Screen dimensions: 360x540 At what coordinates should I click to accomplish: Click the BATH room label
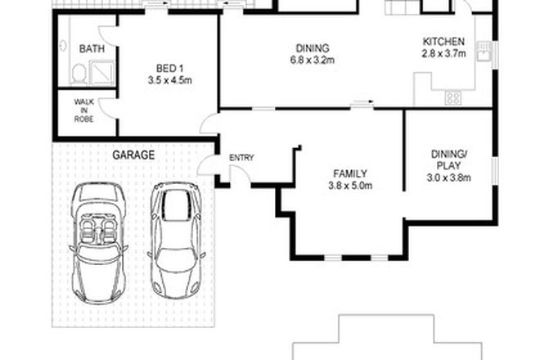(92, 49)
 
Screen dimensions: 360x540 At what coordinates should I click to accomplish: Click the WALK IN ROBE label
(84, 110)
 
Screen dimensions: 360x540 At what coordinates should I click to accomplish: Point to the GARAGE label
(133, 153)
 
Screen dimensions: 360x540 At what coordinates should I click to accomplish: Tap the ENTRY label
(241, 158)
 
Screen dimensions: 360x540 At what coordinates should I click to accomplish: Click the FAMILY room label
(349, 173)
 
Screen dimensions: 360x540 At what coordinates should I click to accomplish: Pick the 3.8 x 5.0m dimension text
(349, 186)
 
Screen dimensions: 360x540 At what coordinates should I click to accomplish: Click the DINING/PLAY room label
(448, 159)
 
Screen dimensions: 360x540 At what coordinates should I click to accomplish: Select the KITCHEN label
(443, 43)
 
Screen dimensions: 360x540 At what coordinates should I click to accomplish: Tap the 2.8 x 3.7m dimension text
(443, 55)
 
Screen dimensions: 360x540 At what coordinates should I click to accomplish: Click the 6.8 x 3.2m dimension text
(312, 60)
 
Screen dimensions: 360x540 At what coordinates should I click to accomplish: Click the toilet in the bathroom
(79, 74)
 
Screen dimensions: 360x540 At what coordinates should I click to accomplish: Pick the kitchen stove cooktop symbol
(452, 97)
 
